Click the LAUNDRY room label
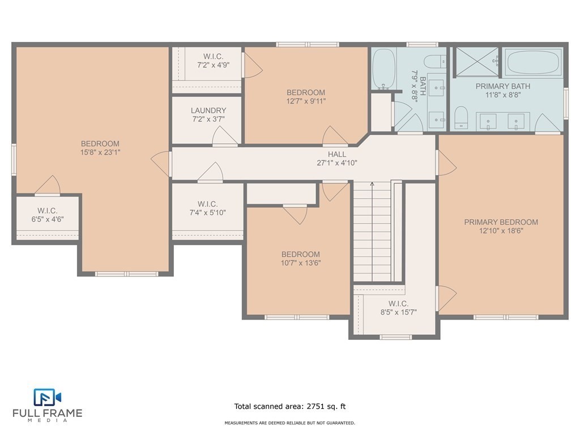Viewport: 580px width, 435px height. point(208,110)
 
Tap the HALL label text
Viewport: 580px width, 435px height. point(337,154)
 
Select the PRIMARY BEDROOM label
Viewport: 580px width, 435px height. point(501,222)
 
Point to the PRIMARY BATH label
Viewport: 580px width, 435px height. point(503,86)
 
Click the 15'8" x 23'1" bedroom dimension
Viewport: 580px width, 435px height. point(100,152)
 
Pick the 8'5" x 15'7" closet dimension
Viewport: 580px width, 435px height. point(398,312)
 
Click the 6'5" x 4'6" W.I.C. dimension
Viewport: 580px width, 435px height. point(48,219)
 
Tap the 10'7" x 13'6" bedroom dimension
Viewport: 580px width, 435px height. point(300,263)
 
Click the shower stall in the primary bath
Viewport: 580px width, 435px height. point(476,62)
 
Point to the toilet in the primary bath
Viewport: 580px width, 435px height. point(461,117)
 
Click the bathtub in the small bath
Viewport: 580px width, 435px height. point(384,69)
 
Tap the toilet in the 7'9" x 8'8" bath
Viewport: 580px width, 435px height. point(435,61)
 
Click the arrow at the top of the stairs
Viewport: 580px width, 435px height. point(372,184)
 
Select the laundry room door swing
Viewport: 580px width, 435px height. point(225,135)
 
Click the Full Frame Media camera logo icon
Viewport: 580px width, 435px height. point(47,397)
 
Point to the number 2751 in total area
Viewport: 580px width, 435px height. point(315,406)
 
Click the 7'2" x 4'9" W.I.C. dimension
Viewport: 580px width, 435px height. point(213,65)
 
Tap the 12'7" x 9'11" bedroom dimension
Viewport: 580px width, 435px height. point(306,101)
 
